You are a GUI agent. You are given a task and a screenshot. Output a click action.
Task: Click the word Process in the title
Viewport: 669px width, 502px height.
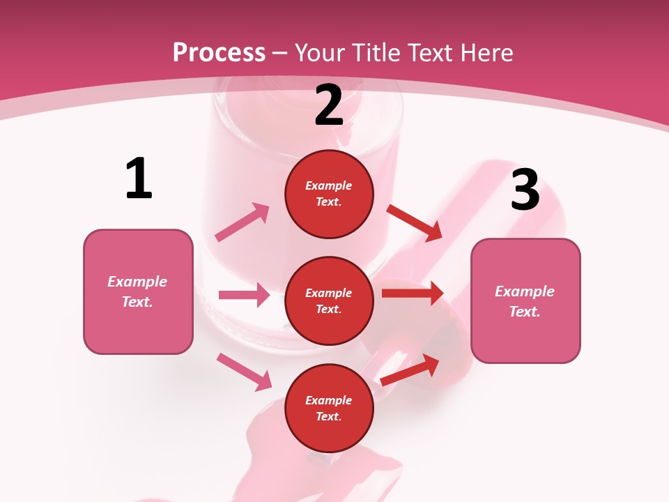click(219, 53)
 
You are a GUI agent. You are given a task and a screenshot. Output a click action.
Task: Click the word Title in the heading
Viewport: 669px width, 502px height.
click(376, 53)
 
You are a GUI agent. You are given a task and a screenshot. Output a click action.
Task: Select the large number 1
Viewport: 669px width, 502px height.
click(139, 179)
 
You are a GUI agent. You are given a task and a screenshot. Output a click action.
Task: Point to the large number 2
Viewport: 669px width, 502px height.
click(329, 105)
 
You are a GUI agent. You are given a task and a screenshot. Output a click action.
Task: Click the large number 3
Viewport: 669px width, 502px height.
click(525, 190)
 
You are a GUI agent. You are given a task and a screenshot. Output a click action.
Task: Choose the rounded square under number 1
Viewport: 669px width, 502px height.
click(138, 291)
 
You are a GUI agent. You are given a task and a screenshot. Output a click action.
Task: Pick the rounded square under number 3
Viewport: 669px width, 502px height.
click(525, 301)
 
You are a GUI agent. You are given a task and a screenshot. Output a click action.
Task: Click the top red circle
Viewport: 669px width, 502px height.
click(329, 194)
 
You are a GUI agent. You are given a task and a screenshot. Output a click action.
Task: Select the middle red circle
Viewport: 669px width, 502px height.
click(329, 301)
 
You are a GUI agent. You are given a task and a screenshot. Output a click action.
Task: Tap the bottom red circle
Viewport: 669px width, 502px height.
click(329, 409)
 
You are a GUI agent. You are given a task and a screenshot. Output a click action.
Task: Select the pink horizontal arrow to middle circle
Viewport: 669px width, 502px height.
click(244, 295)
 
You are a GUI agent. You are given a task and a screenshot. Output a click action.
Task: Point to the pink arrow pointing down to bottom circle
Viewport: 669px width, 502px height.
click(244, 371)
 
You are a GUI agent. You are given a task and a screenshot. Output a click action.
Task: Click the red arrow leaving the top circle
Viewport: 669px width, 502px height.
click(415, 222)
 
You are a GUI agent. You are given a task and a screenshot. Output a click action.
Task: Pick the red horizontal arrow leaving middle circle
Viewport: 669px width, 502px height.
click(413, 293)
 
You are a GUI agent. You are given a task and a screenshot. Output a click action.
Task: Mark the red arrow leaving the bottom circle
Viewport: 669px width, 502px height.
click(410, 370)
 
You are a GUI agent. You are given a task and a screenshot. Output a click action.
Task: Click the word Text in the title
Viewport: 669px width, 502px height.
click(429, 53)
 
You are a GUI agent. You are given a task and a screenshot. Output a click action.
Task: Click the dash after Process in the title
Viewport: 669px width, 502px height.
click(280, 54)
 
